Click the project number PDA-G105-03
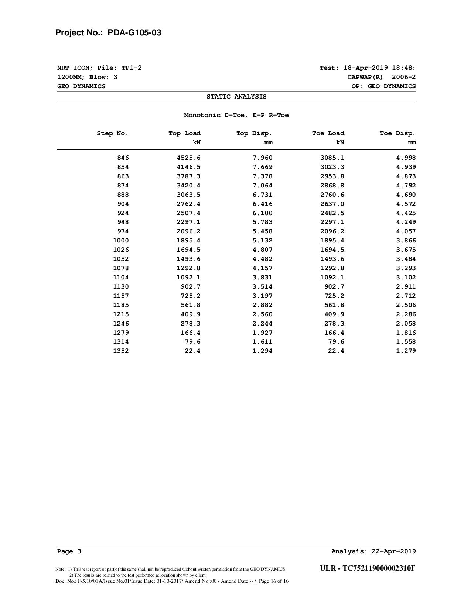click(x=134, y=33)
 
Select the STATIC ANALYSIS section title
click(x=236, y=97)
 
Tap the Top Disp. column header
click(x=254, y=133)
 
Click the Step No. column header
click(x=113, y=133)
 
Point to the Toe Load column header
click(x=328, y=133)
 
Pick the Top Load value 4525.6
click(x=188, y=158)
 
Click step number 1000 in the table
click(x=121, y=241)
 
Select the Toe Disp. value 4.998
click(x=406, y=158)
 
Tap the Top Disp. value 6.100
click(x=262, y=213)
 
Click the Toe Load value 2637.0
click(x=332, y=204)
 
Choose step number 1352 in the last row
click(x=121, y=351)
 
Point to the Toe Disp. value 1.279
click(x=406, y=351)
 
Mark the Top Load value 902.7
click(x=190, y=287)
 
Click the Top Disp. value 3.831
click(x=262, y=278)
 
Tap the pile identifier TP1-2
click(x=132, y=68)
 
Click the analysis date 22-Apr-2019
click(x=394, y=551)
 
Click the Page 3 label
click(x=69, y=551)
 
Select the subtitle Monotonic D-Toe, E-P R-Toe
click(x=236, y=115)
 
